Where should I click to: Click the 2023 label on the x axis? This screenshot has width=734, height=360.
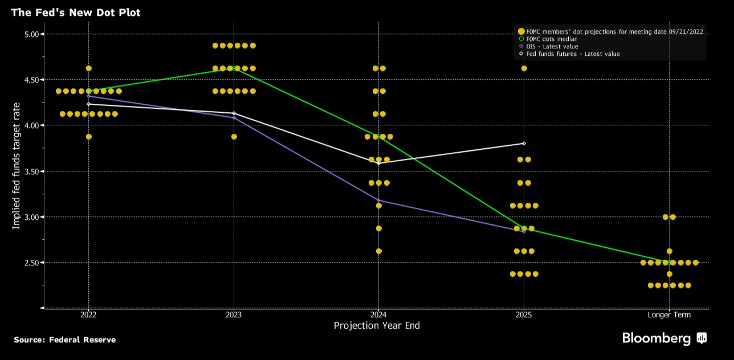pos(234,314)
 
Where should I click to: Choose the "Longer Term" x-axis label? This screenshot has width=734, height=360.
pos(669,314)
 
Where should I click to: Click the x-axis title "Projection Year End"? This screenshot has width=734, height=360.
pos(377,326)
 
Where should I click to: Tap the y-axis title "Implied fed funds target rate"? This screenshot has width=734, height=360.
pos(17,166)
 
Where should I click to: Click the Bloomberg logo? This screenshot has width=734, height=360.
pos(664,338)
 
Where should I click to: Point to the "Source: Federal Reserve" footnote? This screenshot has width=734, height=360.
pos(64,340)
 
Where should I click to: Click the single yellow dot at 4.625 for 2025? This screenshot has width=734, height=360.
pos(524,68)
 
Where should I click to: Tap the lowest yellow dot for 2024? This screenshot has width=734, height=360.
pos(379,251)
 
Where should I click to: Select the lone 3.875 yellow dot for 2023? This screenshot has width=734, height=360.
pos(234,137)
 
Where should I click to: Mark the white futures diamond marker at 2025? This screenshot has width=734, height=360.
pos(524,143)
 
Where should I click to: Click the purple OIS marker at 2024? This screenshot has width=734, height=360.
pos(379,200)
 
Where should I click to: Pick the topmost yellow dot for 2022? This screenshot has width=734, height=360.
pos(88,68)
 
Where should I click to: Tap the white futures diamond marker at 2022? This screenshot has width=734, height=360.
pos(88,104)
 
